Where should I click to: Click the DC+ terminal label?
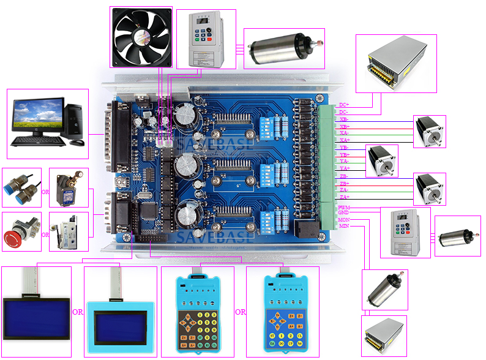[344, 105]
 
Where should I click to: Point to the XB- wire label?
[344, 119]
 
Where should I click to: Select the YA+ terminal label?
[345, 168]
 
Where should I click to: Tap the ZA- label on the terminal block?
[344, 190]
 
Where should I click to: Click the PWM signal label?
[344, 208]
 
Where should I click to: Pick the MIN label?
[344, 227]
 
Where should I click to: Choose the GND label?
[343, 213]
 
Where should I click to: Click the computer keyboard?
[39, 140]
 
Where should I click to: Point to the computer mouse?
[77, 142]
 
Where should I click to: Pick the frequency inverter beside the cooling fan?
[206, 38]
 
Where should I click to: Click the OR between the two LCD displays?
[78, 312]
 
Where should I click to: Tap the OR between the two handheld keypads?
[241, 312]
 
